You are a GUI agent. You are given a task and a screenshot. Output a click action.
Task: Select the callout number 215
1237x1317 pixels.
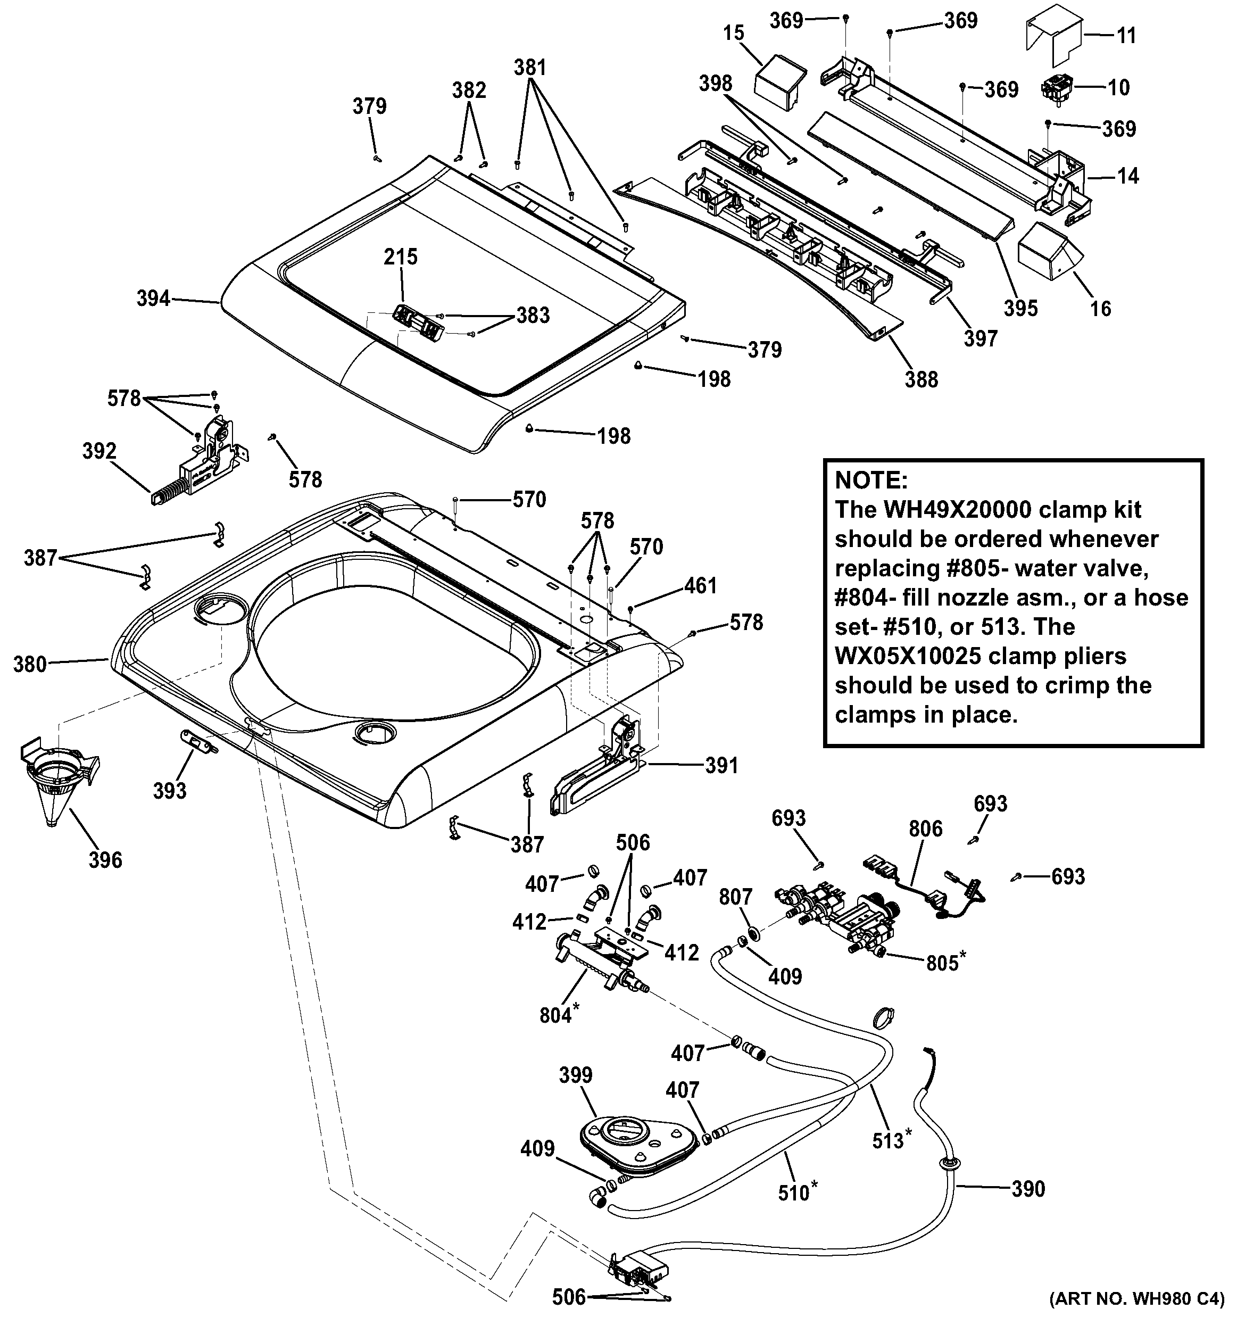click(x=401, y=256)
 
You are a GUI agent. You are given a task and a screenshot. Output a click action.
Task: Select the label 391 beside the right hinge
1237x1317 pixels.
click(x=721, y=766)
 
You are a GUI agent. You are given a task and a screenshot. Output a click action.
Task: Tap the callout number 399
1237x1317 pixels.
click(x=576, y=1074)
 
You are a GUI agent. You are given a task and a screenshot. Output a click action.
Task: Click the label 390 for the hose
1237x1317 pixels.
click(x=1028, y=1189)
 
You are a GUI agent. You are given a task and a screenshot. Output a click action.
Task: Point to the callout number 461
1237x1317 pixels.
click(x=701, y=586)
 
